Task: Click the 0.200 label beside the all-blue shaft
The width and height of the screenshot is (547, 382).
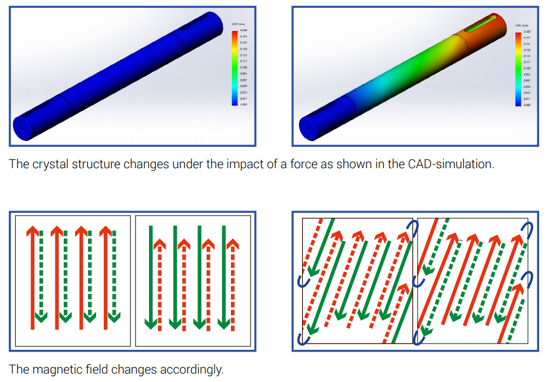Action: [243, 30]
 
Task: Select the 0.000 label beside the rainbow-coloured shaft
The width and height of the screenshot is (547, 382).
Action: [527, 105]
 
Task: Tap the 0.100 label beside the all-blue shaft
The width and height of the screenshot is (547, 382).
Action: [243, 67]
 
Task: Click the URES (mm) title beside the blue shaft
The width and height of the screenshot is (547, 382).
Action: [238, 25]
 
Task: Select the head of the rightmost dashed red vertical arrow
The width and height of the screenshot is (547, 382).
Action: [232, 244]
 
